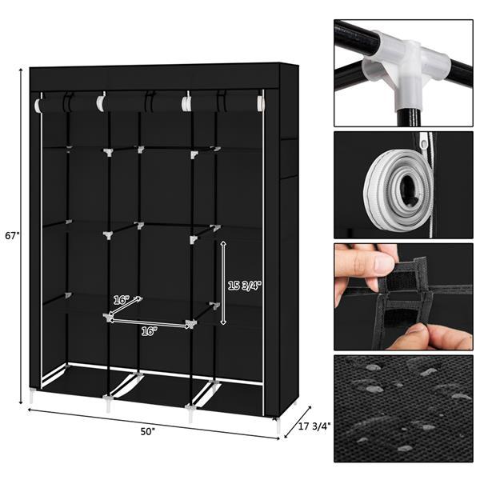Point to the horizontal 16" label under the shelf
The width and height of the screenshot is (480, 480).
coord(150,330)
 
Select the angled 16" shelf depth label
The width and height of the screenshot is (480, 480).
coord(121,300)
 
